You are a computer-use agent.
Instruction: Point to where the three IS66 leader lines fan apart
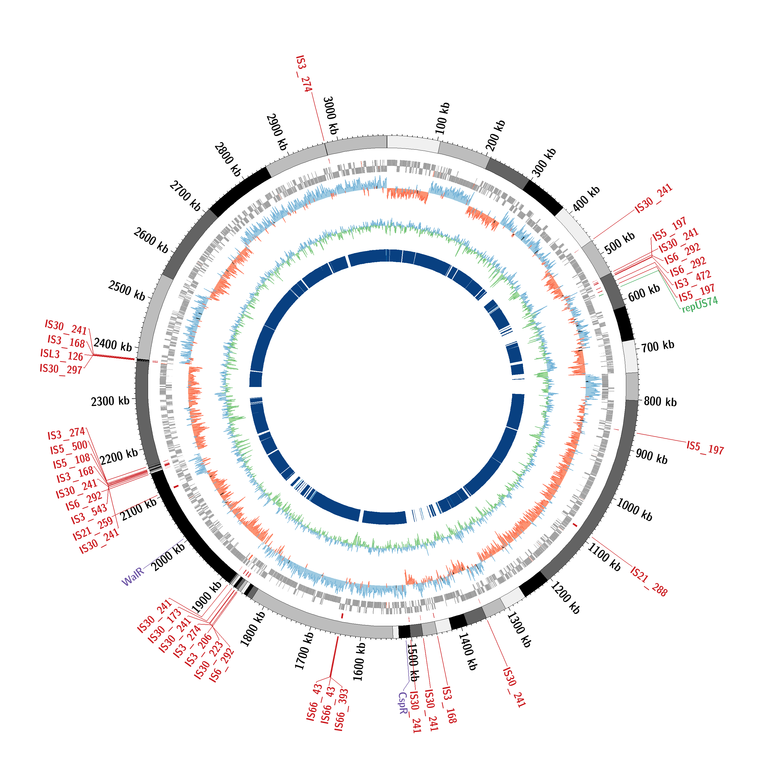[330, 677]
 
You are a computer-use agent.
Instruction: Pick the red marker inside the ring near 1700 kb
[342, 615]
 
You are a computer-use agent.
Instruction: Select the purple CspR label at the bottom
[403, 703]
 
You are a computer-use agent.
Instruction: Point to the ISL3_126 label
[62, 355]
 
